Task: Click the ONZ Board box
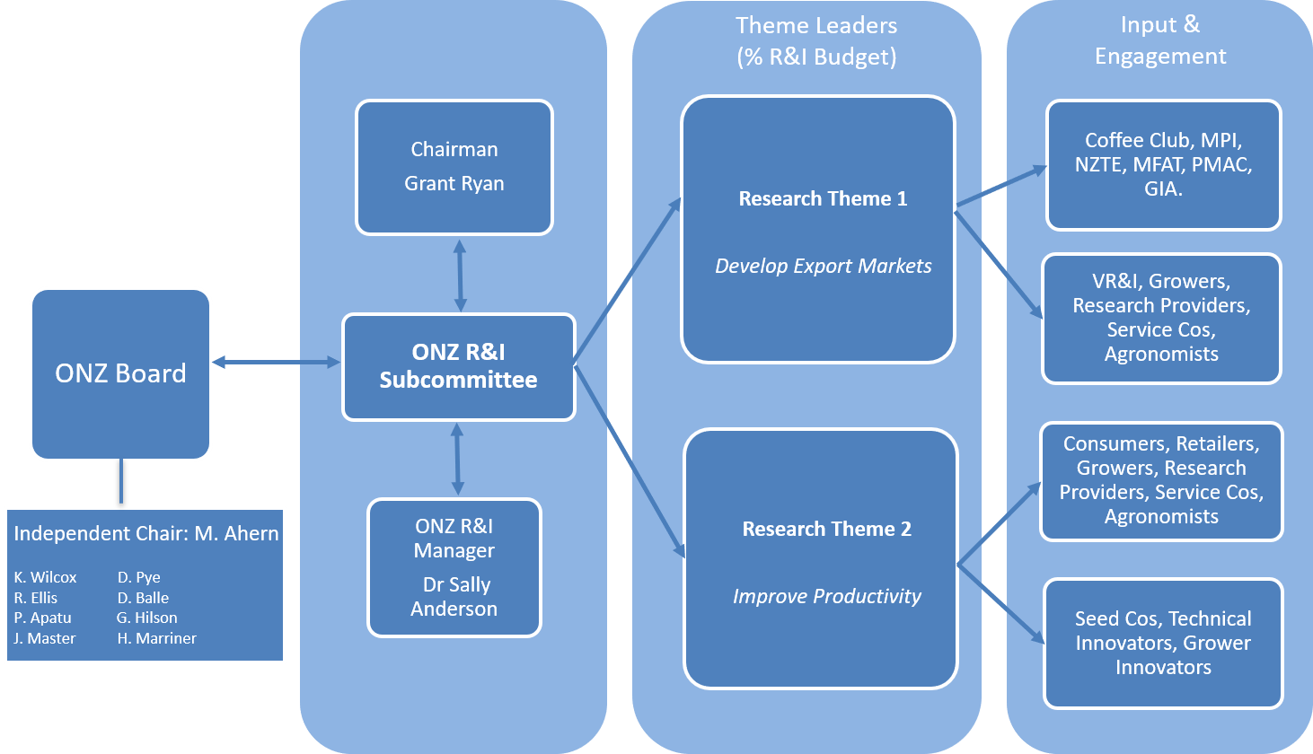[120, 373]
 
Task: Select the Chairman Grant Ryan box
[454, 167]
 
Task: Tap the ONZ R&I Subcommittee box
[458, 366]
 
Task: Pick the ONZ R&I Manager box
[454, 567]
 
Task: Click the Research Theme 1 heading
[823, 198]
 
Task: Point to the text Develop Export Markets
[823, 266]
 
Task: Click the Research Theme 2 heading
[826, 529]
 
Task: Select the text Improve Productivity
[826, 596]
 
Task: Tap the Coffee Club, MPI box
[1163, 164]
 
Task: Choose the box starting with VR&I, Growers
[1161, 318]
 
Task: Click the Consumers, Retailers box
[1161, 480]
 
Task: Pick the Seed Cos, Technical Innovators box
[1163, 643]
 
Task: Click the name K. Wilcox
[45, 577]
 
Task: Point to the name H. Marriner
[156, 638]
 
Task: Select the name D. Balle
[143, 598]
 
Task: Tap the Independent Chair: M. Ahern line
[145, 533]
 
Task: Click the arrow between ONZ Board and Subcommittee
[276, 363]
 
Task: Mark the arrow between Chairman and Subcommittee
[460, 275]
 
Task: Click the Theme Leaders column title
[815, 40]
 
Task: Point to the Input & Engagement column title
[1159, 40]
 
